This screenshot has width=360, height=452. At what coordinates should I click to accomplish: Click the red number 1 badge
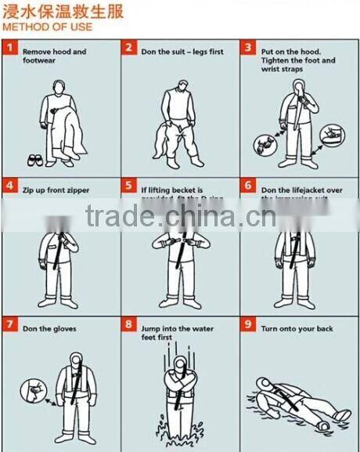[x=10, y=49]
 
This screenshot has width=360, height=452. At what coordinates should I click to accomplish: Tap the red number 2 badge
[x=129, y=49]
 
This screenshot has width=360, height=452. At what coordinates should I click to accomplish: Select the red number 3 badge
[x=248, y=49]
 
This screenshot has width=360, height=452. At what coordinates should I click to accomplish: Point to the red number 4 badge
[x=10, y=186]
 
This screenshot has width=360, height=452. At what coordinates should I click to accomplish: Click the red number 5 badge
[x=129, y=186]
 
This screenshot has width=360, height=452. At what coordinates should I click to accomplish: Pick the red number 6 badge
[x=248, y=186]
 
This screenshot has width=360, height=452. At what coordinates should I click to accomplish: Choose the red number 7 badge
[x=10, y=324]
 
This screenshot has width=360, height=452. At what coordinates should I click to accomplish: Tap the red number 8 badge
[x=129, y=324]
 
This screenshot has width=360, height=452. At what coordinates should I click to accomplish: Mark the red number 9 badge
[x=248, y=324]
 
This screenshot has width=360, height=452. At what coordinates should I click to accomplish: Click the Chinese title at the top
[x=55, y=10]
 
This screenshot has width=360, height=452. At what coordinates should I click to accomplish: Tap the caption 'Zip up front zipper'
[x=56, y=190]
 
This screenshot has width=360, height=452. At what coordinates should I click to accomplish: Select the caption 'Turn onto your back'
[x=297, y=329]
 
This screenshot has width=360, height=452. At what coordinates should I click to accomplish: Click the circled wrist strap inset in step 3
[x=264, y=144]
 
